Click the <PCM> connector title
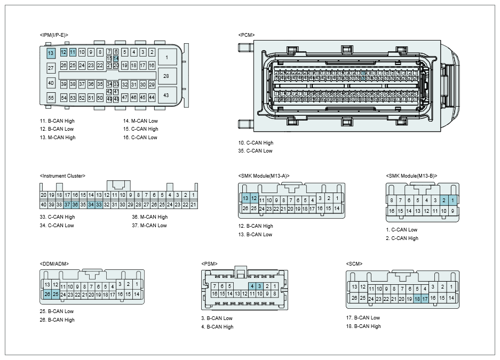point(247,35)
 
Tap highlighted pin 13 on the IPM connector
point(51,53)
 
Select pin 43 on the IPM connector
point(166,95)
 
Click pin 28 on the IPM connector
point(166,76)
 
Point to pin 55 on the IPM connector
point(51,98)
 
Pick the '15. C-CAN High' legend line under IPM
point(140,129)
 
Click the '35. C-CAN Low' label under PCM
point(255,151)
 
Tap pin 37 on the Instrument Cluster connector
point(67,205)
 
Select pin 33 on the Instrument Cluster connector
point(99,205)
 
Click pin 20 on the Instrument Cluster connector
point(44,195)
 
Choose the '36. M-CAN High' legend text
point(149,217)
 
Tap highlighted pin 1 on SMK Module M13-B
point(453,201)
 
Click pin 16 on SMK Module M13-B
point(392,211)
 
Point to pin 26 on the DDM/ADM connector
point(47,294)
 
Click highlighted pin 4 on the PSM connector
point(252,286)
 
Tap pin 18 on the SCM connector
point(417,299)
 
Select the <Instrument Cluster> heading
point(62,175)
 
